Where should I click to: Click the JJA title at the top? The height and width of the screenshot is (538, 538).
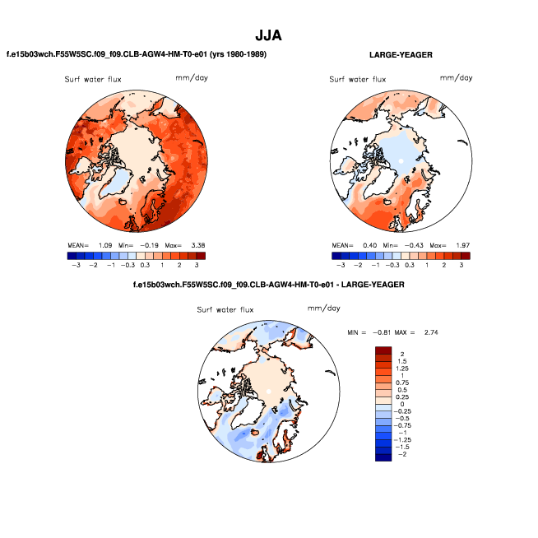268,36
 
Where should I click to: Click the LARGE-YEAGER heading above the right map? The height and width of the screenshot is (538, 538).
401,55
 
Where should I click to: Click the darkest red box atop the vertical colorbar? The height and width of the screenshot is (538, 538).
383,351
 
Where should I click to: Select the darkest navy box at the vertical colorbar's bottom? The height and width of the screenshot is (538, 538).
383,457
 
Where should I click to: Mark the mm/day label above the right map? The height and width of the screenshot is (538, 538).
457,78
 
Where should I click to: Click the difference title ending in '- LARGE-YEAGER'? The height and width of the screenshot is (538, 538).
268,285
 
